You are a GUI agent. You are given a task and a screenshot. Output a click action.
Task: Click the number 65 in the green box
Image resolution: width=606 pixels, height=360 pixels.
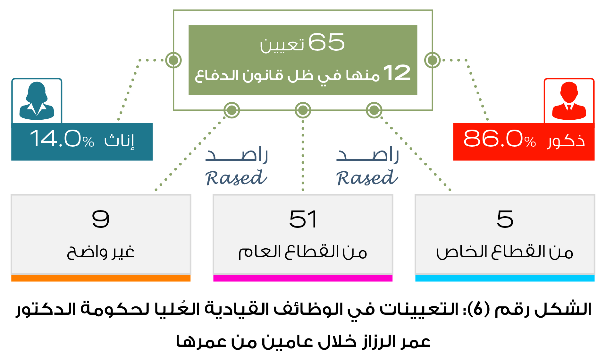tap(326, 42)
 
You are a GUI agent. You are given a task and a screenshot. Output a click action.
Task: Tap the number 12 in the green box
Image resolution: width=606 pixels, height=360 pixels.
tap(397, 73)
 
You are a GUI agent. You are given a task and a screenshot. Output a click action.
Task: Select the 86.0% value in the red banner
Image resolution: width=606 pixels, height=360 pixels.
tap(499, 139)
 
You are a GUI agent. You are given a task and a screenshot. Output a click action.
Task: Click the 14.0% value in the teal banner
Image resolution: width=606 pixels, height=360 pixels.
tap(62, 139)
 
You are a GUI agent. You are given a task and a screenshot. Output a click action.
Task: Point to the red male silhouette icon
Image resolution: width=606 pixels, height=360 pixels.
tap(569, 101)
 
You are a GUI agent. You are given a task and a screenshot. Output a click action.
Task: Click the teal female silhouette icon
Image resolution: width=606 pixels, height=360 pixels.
tap(37, 101)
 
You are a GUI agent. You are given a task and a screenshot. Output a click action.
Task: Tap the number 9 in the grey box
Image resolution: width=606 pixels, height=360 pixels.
tap(101, 219)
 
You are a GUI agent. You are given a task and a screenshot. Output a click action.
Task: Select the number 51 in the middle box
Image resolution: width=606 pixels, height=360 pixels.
tap(303, 219)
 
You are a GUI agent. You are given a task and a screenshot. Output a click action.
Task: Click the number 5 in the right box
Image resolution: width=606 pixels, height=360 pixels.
tap(505, 219)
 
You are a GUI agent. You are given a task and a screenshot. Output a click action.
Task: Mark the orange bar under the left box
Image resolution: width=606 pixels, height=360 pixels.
tap(101, 278)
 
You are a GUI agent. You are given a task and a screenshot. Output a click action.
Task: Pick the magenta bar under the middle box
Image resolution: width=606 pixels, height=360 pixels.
tap(303, 278)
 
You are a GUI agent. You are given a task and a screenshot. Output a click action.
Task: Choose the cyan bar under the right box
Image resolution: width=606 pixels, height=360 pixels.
tap(505, 278)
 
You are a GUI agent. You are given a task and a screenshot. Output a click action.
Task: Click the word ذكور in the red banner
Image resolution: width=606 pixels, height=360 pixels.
tap(566, 141)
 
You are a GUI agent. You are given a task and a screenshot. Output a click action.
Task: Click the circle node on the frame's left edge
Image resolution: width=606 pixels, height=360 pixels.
tap(173, 60)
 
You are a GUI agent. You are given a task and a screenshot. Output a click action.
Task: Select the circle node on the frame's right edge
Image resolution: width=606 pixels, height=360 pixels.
tap(433, 60)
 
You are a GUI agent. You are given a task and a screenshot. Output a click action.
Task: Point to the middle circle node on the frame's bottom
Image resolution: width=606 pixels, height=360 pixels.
tap(303, 110)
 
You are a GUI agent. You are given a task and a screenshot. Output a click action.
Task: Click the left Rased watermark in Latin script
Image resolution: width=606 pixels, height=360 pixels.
tap(236, 178)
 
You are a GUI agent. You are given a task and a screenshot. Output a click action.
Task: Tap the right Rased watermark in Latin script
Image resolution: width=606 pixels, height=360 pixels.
tap(367, 178)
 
